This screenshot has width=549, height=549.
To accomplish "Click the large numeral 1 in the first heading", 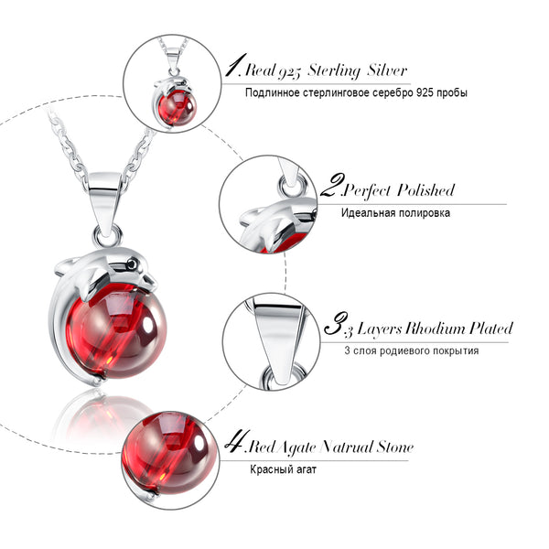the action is pos(235,65).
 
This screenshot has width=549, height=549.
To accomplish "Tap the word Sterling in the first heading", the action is pos(334,70).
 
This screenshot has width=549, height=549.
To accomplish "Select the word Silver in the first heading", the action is pos(387,70).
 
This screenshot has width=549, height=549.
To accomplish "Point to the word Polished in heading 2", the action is pos(425,190).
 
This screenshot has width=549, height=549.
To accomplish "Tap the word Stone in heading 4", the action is pos(395,447).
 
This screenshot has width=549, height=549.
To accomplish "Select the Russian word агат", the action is pos(307,469).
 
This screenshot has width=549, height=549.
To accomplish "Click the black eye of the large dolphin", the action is pos(133,264).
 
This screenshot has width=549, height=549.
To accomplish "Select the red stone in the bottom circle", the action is pos(169,449).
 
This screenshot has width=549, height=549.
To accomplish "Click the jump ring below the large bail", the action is pos(107,236).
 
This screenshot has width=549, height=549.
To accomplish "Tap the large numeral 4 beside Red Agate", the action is pos(237,441).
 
